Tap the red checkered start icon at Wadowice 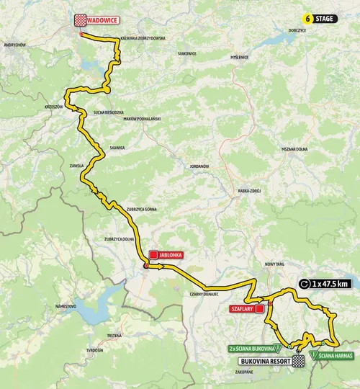coord(81,21)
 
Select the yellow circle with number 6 coord(309,18)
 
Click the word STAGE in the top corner coord(325,18)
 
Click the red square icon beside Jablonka coord(153,255)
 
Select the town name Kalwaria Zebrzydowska coord(143,37)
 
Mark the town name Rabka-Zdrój coord(248,191)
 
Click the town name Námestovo coord(66,306)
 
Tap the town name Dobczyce coord(296,30)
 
